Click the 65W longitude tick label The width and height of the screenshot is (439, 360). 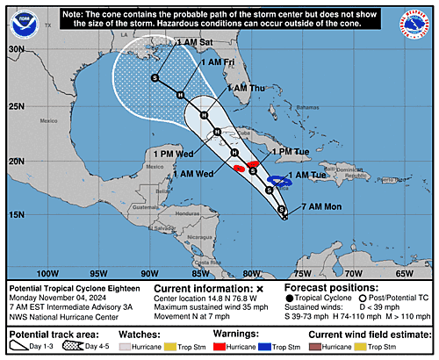pos(405,273)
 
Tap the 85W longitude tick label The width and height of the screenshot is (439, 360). pos(200,273)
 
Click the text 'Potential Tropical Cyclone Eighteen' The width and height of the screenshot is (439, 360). pos(66,287)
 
